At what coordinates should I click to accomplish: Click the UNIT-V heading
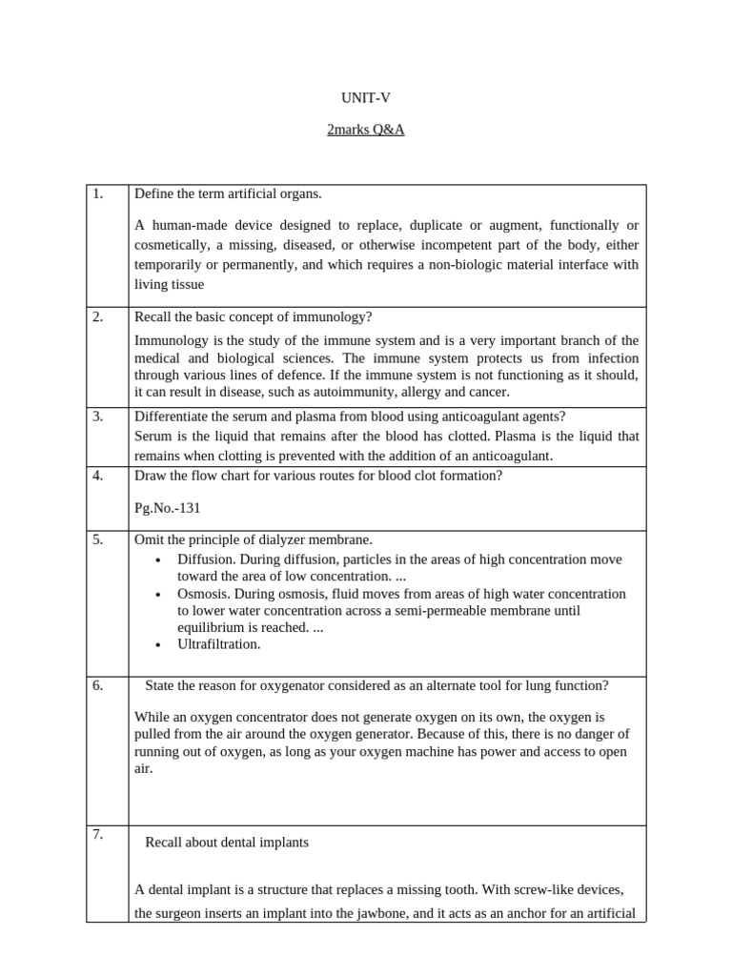(x=365, y=98)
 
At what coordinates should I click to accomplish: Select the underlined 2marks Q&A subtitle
(x=365, y=130)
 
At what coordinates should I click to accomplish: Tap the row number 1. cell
(x=98, y=194)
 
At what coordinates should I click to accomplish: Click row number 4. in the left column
(x=98, y=476)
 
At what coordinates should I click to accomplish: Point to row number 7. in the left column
(x=98, y=836)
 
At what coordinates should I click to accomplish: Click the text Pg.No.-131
(x=168, y=508)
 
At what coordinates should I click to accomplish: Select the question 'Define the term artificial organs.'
(x=229, y=194)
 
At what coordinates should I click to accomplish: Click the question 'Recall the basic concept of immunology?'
(x=253, y=317)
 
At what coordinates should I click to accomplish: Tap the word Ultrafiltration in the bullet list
(x=218, y=644)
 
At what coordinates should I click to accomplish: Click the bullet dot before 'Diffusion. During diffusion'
(x=157, y=559)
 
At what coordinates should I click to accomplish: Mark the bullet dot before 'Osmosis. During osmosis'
(x=157, y=594)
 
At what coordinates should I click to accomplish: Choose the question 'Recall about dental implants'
(x=227, y=843)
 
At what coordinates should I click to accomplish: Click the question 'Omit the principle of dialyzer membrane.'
(x=254, y=539)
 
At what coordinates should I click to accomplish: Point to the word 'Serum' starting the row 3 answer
(x=152, y=436)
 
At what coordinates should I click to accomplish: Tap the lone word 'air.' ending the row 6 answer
(x=144, y=768)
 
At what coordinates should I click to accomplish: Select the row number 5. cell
(x=98, y=539)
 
